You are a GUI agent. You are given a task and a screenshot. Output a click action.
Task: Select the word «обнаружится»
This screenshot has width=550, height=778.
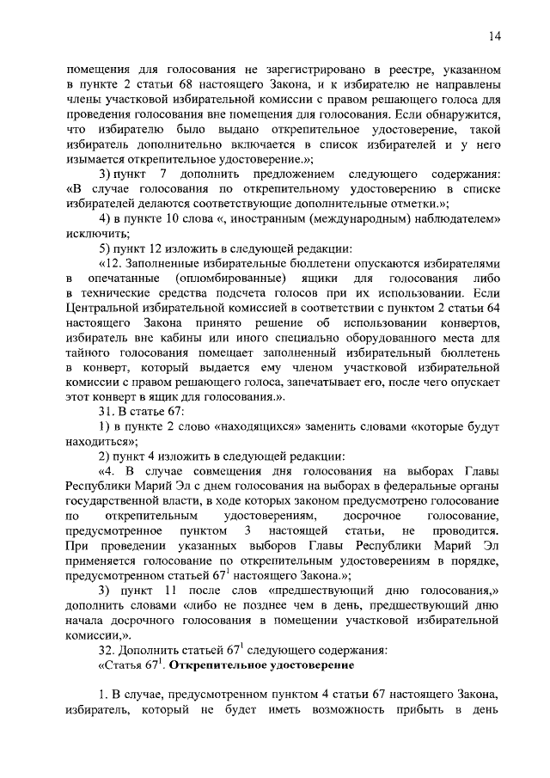[464, 113]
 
